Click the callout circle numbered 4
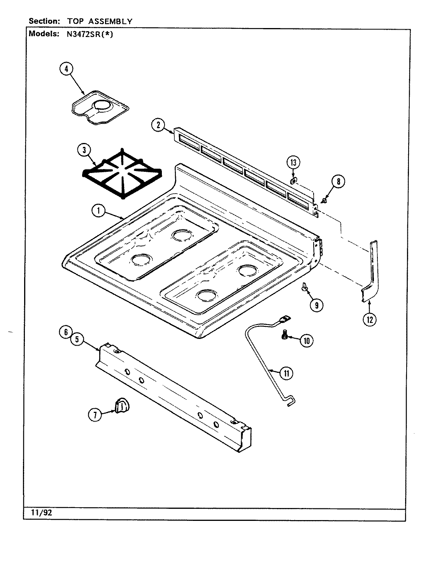pyautogui.click(x=66, y=69)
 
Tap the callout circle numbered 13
pyautogui.click(x=294, y=162)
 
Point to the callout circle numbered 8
pyautogui.click(x=338, y=181)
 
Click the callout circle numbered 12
pyautogui.click(x=369, y=319)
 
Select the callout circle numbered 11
pyautogui.click(x=286, y=373)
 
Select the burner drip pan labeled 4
pyautogui.click(x=100, y=108)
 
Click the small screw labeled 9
pyautogui.click(x=304, y=288)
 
